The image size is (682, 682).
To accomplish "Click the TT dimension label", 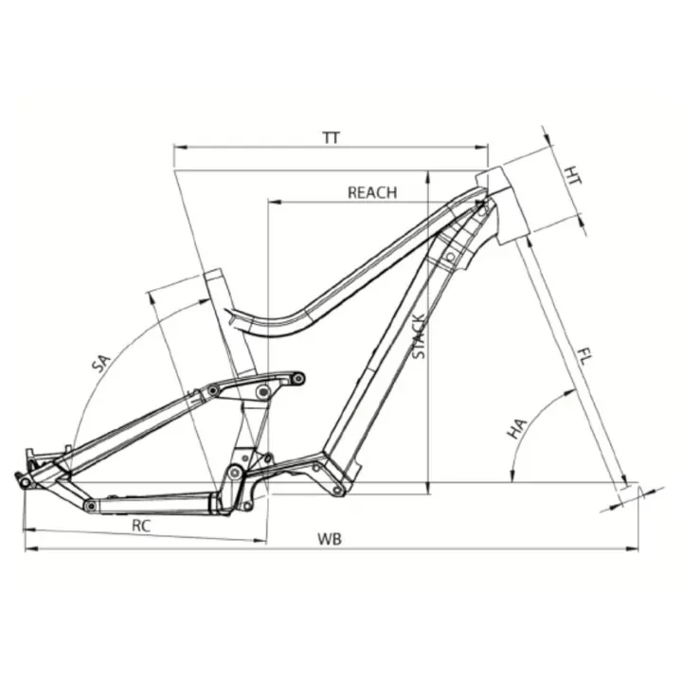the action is click(332, 138).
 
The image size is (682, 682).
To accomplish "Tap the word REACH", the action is click(372, 192).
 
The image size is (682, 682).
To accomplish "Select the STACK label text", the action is click(419, 336).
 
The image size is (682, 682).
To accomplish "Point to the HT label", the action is click(573, 175).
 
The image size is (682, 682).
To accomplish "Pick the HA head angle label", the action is click(517, 428).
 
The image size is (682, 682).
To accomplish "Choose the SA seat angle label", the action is click(101, 364).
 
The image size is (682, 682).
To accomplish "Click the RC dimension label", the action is click(141, 526).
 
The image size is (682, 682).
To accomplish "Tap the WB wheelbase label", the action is click(330, 539).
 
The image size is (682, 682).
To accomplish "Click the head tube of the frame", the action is click(500, 205).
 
